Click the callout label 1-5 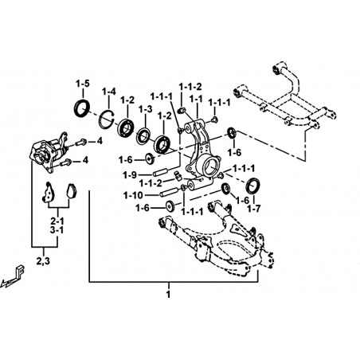(83, 84)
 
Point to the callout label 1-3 (145, 109)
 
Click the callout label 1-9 (130, 175)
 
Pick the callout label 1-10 (133, 196)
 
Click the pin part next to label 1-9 (160, 172)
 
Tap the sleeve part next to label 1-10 (169, 192)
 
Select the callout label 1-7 (254, 209)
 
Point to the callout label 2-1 (57, 221)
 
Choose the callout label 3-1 (57, 230)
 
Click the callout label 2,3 (43, 261)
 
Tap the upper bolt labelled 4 (80, 143)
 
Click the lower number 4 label (85, 160)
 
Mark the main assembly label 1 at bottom (168, 294)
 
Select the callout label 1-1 (196, 99)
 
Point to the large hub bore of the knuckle (211, 166)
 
